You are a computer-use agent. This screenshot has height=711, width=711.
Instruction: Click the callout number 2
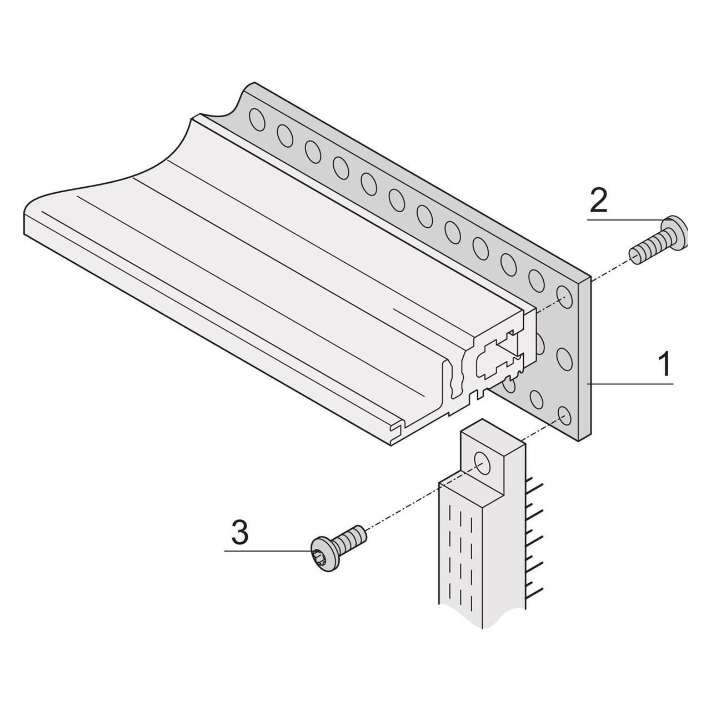point(598,201)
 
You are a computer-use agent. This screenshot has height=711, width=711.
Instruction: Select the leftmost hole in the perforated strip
point(257,120)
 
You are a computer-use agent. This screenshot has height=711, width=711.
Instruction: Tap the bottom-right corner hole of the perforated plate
point(564,416)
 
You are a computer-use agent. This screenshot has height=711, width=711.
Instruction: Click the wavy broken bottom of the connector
point(482,620)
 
